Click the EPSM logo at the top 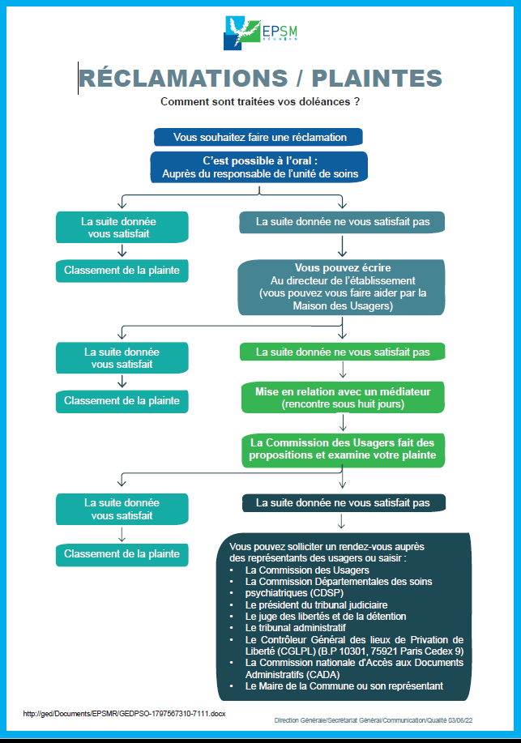coord(260,32)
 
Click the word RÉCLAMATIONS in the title coord(184,79)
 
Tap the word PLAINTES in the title coord(377,79)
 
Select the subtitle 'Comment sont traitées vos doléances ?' coord(260,101)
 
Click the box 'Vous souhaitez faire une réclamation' coord(258,138)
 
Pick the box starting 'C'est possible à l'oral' coord(259,167)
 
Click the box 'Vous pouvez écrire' coord(342,287)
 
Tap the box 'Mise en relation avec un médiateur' coord(343,398)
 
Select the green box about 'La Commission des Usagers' coord(343,449)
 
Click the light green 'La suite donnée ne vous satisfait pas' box coord(342,352)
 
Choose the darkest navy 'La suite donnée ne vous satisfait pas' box coord(344,502)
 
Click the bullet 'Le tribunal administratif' coord(296,628)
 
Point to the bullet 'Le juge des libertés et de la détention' coord(326,617)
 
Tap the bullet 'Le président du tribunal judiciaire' coord(316,605)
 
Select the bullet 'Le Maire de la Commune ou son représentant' coord(344,686)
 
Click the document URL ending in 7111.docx coord(124,713)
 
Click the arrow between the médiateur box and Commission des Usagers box coord(343,422)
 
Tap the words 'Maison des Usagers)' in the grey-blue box coord(343,306)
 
